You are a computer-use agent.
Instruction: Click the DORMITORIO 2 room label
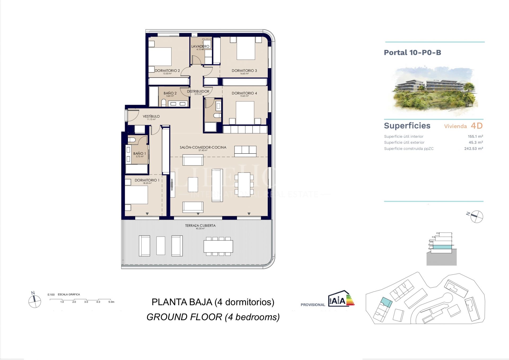(167, 71)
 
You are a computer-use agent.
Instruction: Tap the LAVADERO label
(200, 46)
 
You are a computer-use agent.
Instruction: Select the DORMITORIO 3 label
(244, 71)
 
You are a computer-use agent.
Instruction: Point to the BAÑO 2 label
(170, 93)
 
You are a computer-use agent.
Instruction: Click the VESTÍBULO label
(151, 116)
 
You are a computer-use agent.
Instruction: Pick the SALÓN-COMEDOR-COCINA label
(203, 147)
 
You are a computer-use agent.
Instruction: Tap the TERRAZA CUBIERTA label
(200, 225)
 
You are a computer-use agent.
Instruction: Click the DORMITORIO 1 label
(147, 180)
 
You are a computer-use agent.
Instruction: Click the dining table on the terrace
(218, 246)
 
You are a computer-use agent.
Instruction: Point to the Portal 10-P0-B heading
(413, 53)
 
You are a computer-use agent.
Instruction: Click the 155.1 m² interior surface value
(475, 136)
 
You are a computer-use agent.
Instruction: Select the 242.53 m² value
(473, 149)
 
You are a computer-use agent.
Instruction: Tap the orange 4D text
(477, 126)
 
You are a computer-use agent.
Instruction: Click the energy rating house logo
(341, 299)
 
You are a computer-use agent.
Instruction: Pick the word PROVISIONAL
(313, 305)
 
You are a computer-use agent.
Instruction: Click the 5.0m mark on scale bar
(111, 302)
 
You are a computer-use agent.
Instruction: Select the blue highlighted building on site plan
(386, 302)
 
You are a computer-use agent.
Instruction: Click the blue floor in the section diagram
(442, 247)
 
